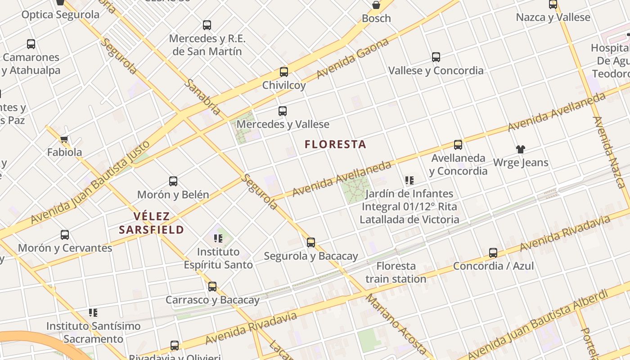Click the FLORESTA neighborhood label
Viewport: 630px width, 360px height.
click(x=335, y=144)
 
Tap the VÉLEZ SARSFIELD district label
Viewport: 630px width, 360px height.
click(x=152, y=223)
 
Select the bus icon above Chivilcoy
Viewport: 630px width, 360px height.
click(x=284, y=72)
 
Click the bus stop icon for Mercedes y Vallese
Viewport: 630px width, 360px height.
click(x=283, y=111)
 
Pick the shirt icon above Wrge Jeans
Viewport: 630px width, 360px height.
click(x=521, y=149)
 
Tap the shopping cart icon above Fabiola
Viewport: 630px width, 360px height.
click(x=64, y=139)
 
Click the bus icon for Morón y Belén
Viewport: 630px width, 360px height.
click(x=173, y=181)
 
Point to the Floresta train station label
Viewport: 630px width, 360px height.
click(x=396, y=272)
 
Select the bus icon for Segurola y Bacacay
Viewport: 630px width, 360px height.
click(x=311, y=243)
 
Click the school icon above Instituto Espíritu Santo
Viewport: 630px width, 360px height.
click(x=218, y=238)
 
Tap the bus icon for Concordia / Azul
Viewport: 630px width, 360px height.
click(x=493, y=253)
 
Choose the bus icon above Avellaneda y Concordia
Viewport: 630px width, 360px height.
click(x=458, y=145)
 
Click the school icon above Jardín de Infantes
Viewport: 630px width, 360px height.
click(x=409, y=180)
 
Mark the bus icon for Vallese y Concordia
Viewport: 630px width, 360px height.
click(x=436, y=57)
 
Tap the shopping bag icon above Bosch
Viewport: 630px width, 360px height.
click(x=376, y=5)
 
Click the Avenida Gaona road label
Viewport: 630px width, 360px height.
click(x=353, y=58)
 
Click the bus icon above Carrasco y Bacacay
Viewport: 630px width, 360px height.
click(x=212, y=287)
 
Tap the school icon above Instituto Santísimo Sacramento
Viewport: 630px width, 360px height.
click(x=93, y=312)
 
